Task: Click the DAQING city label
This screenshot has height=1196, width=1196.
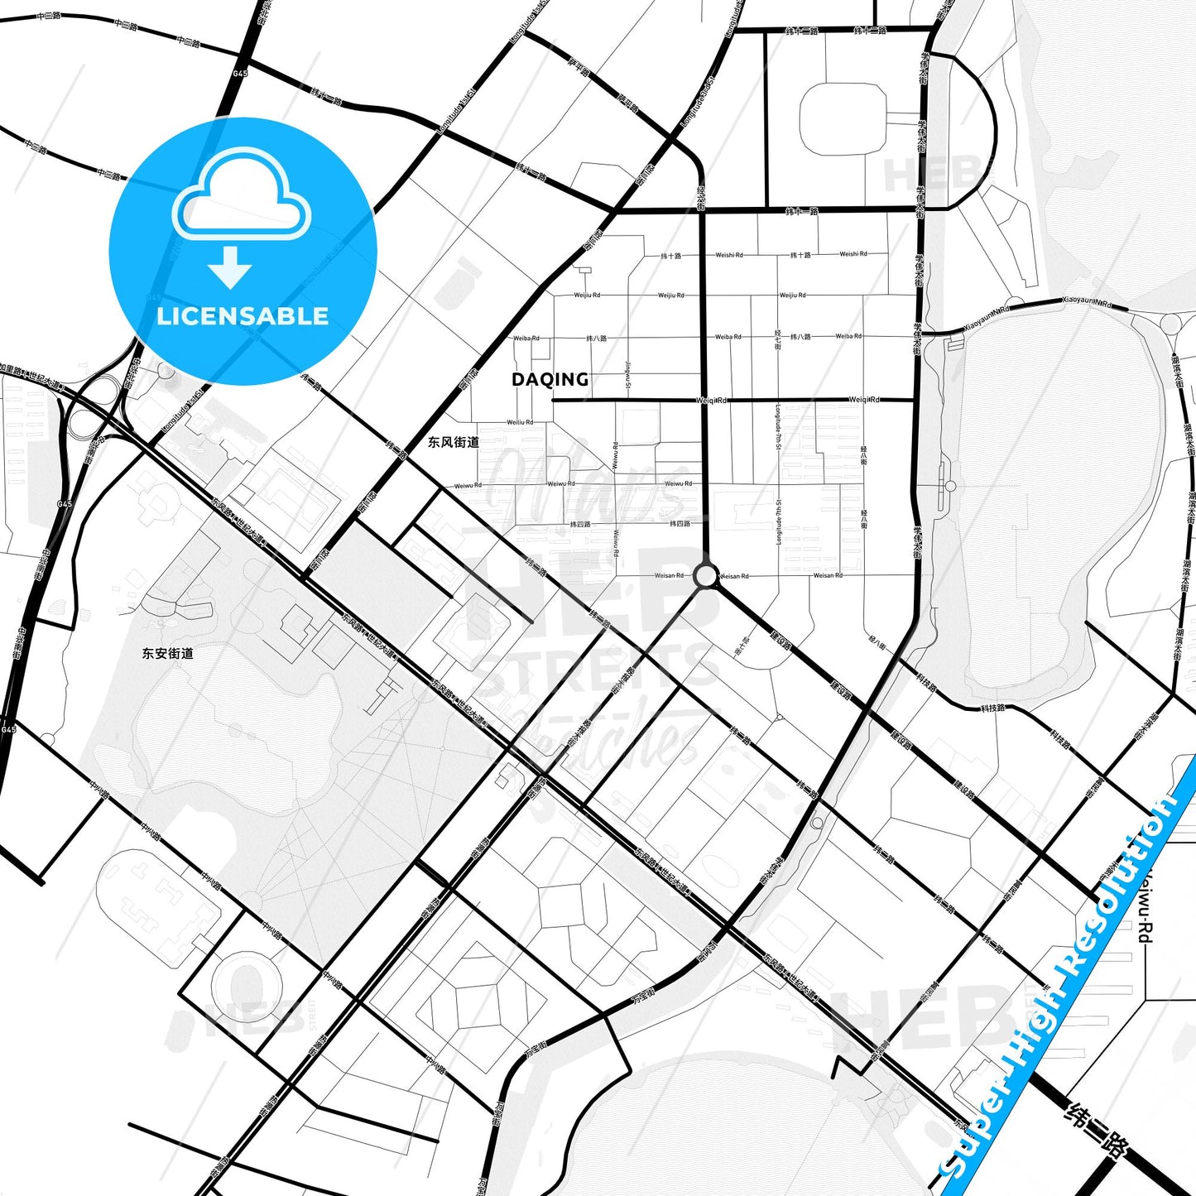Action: (550, 380)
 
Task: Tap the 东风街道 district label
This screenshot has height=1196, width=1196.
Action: (454, 442)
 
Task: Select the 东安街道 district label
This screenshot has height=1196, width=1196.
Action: (168, 653)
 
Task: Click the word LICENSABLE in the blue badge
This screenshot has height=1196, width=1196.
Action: (243, 316)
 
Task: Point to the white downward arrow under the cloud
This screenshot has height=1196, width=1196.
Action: (230, 267)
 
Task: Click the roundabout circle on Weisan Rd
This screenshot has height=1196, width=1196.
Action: (705, 575)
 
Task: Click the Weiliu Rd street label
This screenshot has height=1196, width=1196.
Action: (520, 422)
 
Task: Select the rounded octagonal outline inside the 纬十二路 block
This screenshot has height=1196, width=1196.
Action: (843, 119)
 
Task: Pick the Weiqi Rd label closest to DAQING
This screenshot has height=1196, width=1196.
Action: (712, 401)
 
